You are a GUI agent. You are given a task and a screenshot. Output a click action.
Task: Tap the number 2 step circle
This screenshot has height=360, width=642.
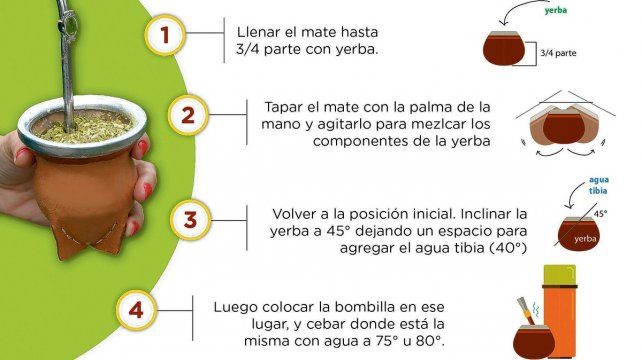pyautogui.click(x=185, y=116)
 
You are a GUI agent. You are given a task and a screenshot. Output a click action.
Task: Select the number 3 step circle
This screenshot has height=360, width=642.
pyautogui.click(x=189, y=219)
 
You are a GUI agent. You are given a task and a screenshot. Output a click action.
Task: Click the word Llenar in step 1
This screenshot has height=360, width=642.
pyautogui.click(x=260, y=31)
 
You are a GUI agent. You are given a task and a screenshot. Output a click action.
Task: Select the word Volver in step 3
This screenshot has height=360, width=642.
pyautogui.click(x=296, y=213)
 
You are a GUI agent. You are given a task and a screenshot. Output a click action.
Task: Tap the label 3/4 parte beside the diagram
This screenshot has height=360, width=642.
pyautogui.click(x=559, y=53)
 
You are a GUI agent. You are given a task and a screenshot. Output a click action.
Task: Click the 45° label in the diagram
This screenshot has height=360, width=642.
pyautogui.click(x=600, y=213)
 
